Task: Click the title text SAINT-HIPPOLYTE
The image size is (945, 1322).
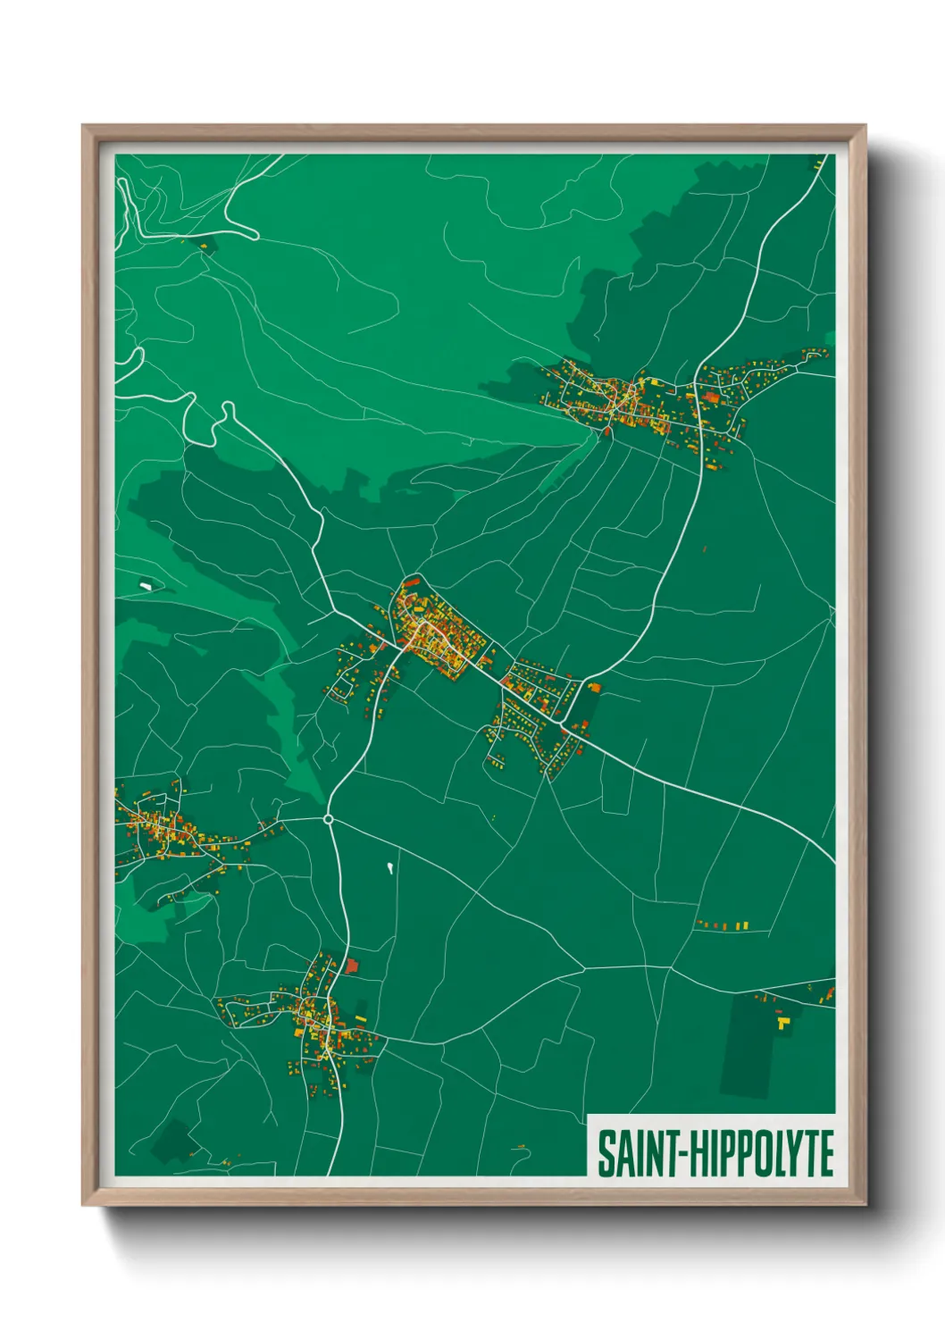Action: click(715, 1153)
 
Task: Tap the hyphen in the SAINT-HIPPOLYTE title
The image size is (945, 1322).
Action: click(682, 1154)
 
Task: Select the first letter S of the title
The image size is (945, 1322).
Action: click(606, 1153)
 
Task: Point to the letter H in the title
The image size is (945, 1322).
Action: click(698, 1153)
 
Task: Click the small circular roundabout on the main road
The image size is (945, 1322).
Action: click(329, 818)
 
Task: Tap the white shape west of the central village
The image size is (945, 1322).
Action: click(146, 586)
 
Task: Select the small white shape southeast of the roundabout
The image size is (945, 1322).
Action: click(389, 866)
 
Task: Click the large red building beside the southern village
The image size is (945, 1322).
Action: click(351, 966)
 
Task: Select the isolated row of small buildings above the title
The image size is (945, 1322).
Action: click(723, 925)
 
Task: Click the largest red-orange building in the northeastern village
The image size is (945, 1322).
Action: click(711, 397)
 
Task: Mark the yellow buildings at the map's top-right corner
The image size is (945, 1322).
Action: click(818, 163)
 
